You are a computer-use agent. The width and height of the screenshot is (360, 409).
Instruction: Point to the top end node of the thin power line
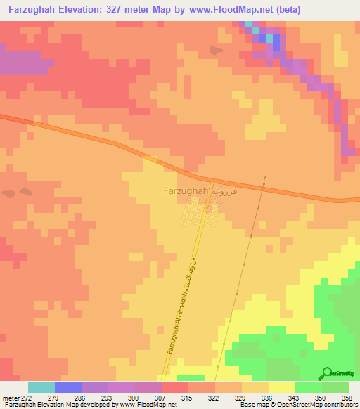pyautogui.click(x=264, y=176)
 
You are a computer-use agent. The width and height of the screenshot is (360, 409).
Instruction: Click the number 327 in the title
pyautogui.click(x=146, y=9)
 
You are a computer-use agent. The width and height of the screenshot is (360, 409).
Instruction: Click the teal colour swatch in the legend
pyautogui.click(x=41, y=387)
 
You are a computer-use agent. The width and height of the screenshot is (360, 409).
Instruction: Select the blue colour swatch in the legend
pyautogui.click(x=68, y=387)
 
